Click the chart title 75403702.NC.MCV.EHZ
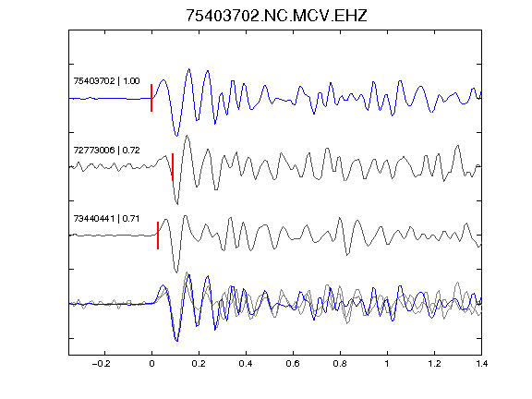276,16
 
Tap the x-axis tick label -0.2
102,364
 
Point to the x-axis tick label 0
151,364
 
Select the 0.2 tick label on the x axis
199,364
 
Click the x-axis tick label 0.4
246,364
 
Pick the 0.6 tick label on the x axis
293,364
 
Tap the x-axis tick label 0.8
340,364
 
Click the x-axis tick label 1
387,364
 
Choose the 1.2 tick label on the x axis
434,364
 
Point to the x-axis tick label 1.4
481,364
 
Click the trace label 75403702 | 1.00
106,81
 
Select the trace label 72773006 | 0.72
106,150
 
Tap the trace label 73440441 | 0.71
106,219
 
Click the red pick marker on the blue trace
151,98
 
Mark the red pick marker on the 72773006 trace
173,167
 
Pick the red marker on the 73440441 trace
158,236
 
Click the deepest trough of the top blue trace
176,136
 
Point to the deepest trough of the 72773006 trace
177,204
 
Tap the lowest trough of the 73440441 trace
176,272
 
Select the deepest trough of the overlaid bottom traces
176,341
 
